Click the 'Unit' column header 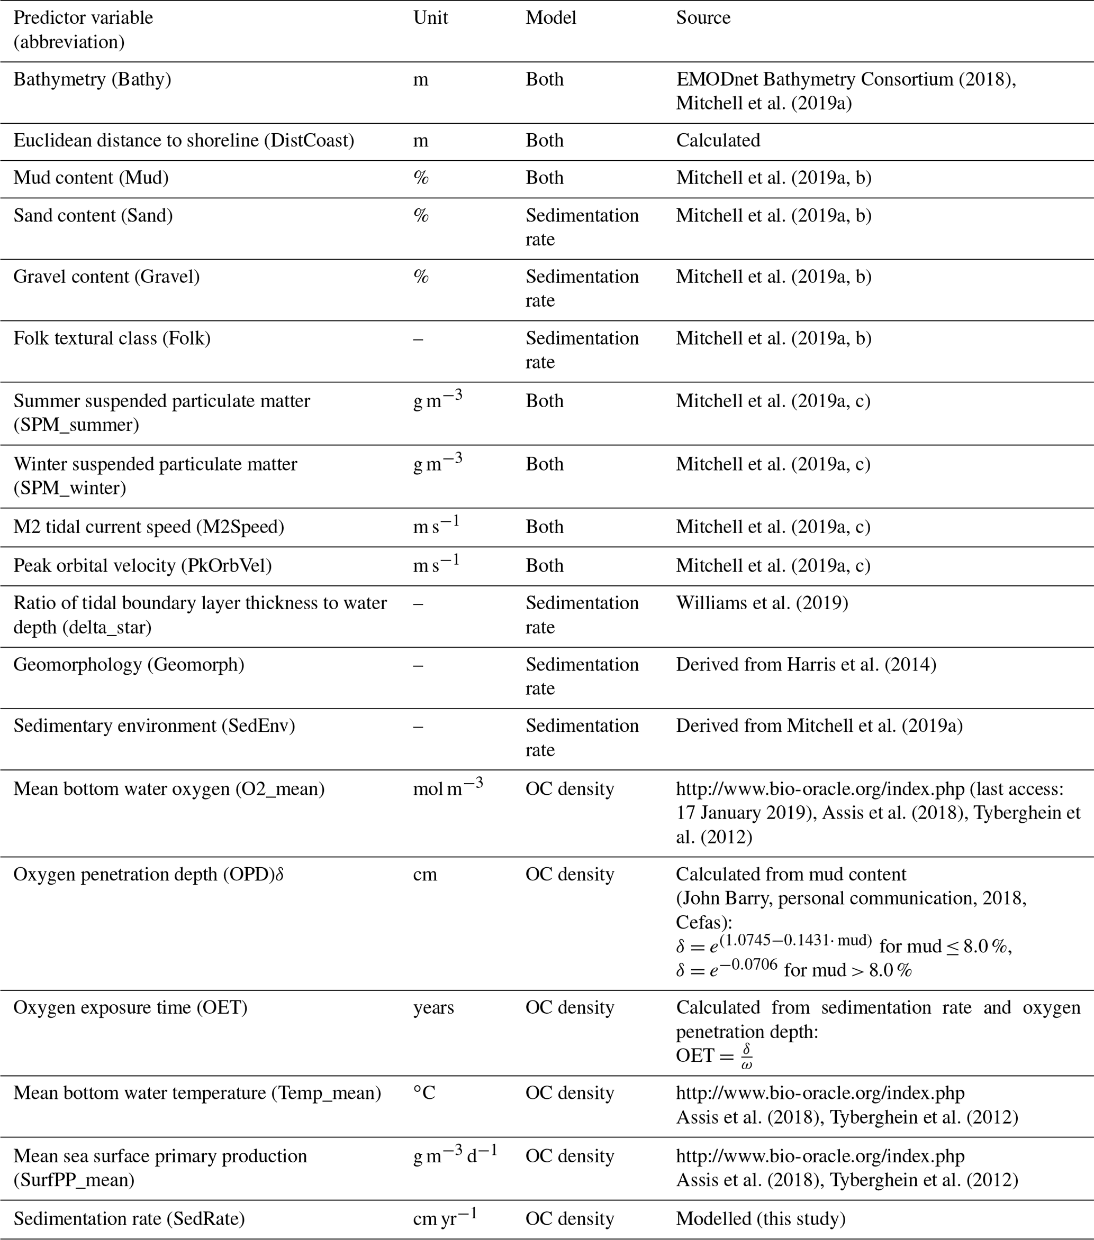coord(430,17)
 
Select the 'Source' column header coord(703,17)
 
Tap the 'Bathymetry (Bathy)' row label coord(92,79)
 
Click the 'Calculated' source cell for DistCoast coord(718,141)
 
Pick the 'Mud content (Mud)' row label coord(91,178)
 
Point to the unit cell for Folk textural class coord(418,338)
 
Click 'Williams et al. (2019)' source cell coord(762,603)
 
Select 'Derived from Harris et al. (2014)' coord(806,665)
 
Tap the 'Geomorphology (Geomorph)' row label coord(129,665)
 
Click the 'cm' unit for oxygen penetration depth coord(425,874)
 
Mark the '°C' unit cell coord(424,1093)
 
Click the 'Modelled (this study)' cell coord(761,1219)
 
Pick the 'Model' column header coord(550,17)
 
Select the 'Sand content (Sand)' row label coord(93,215)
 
